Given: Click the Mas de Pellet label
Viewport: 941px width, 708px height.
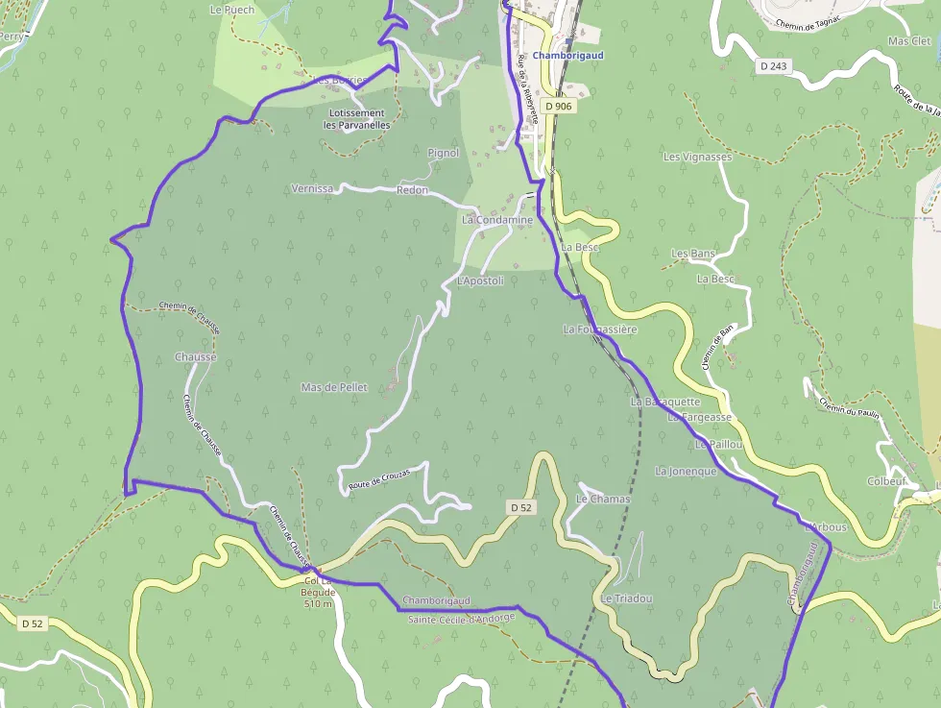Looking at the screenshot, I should pyautogui.click(x=334, y=387).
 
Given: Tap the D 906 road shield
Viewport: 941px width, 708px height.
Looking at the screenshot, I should pyautogui.click(x=558, y=106).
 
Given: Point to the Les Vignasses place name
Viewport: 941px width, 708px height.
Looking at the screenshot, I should pyautogui.click(x=697, y=157).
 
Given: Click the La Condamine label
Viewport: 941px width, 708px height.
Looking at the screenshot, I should pyautogui.click(x=496, y=220).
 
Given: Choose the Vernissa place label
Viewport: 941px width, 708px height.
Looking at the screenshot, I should pyautogui.click(x=311, y=189).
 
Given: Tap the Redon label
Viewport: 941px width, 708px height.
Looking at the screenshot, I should pyautogui.click(x=412, y=190).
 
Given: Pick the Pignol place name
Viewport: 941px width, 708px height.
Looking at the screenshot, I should pyautogui.click(x=443, y=153).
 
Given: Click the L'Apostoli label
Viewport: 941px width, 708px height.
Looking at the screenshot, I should pyautogui.click(x=480, y=281).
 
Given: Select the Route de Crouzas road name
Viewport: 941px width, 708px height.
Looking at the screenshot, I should pyautogui.click(x=379, y=479).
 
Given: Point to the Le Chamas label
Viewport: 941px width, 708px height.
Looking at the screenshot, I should pyautogui.click(x=602, y=500).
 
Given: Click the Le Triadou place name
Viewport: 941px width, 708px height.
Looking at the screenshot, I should pyautogui.click(x=626, y=598).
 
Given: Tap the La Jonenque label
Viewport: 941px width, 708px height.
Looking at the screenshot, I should pyautogui.click(x=686, y=472).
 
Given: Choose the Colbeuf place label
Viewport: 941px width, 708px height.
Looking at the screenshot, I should pyautogui.click(x=886, y=481).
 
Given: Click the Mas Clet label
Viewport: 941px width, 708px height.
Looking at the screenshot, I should pyautogui.click(x=909, y=41).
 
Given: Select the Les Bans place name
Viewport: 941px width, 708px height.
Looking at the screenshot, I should pyautogui.click(x=693, y=254).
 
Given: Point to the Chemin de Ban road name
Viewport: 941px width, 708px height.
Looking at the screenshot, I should pyautogui.click(x=717, y=347).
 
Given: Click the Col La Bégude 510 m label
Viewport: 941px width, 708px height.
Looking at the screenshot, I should pyautogui.click(x=318, y=592).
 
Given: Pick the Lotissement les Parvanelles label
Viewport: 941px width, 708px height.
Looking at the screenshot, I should pyautogui.click(x=356, y=119).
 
